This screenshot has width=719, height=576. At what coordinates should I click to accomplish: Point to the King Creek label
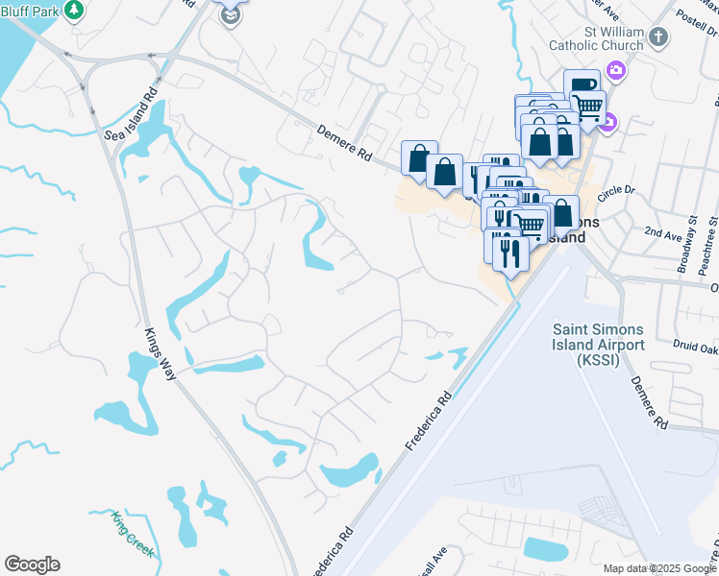pos(131,533)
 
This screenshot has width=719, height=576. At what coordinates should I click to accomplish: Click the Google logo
pos(32,564)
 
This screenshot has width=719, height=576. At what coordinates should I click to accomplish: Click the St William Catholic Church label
pos(596,36)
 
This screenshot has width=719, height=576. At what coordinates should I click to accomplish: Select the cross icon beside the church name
pos(657,37)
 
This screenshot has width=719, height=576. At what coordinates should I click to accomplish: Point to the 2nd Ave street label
pos(662,233)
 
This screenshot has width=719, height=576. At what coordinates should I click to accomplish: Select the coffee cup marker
pos(581,84)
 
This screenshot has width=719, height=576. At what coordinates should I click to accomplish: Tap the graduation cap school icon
pos(230,16)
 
